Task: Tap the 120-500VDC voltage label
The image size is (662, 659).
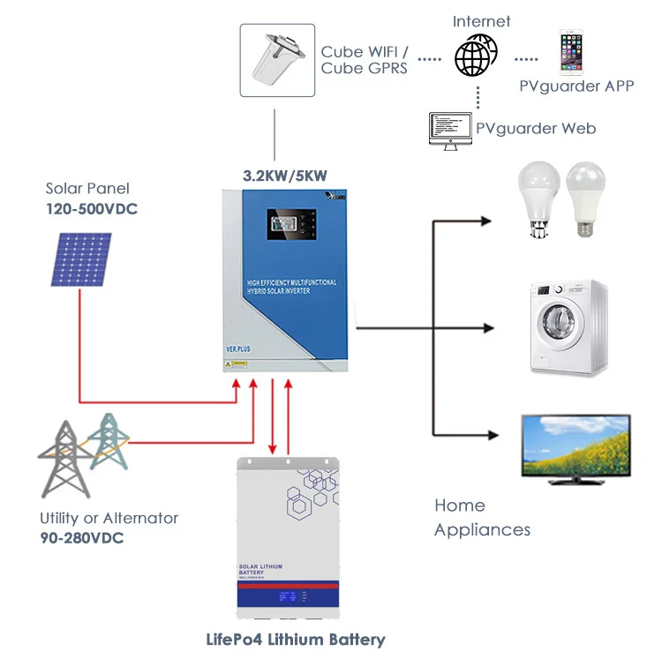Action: [92, 208]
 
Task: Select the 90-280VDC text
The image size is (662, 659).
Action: [82, 537]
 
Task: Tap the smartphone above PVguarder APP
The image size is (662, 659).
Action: [572, 52]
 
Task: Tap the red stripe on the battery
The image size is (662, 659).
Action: [288, 585]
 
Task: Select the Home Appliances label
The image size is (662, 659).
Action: [482, 517]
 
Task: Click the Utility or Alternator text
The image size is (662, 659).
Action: [109, 518]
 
